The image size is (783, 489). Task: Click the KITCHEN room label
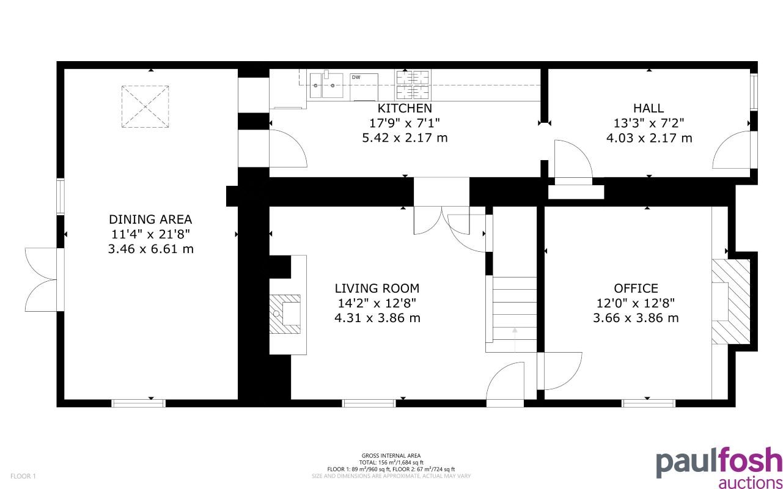point(405,108)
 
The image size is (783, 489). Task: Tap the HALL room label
point(649,108)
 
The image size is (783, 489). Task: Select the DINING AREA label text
point(150,219)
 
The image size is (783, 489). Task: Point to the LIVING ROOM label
point(377,289)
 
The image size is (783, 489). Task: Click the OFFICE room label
point(636,289)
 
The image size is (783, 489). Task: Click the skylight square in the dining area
point(145,107)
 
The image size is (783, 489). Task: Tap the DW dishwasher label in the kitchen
point(356,78)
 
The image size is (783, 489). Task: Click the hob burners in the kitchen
point(413,85)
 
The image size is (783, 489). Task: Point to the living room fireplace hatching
point(285,314)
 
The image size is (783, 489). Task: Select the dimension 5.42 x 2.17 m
point(405,138)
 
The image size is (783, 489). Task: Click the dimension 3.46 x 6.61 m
point(150,249)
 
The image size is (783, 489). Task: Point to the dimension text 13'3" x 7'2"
point(649,123)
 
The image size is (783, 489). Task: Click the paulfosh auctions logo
point(719,468)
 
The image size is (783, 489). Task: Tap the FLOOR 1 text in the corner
point(24,476)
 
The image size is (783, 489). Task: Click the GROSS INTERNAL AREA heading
point(391,456)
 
